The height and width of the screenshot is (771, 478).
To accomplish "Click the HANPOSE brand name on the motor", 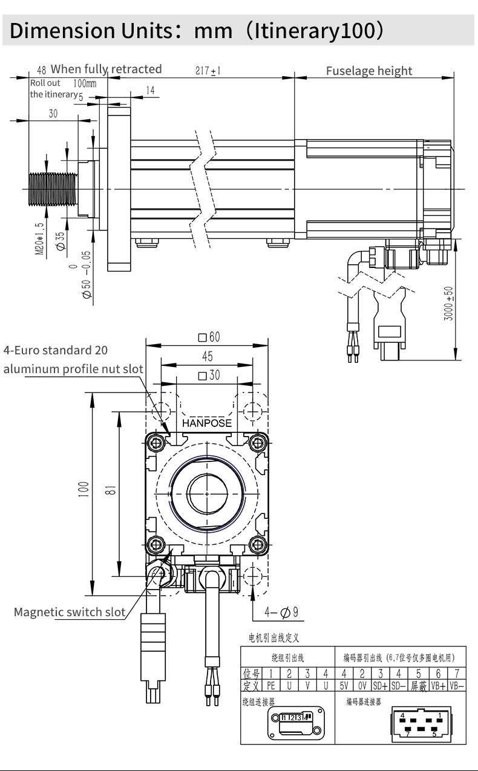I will coord(207,423).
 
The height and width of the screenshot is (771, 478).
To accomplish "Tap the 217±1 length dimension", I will coord(208,71).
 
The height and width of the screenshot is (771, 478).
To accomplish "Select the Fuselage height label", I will coord(368,71).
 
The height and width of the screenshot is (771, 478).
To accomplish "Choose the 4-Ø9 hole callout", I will coord(281,613).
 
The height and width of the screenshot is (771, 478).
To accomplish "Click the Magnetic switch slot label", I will coord(70,612).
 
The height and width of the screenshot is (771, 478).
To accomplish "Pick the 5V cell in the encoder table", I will coord(343,686).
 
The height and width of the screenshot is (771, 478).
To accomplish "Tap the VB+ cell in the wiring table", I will coord(438,686).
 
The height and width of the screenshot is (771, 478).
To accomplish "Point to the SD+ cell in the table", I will coord(381,686).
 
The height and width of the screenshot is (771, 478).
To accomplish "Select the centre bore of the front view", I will coord(206,489).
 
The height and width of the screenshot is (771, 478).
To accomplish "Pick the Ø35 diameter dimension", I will coord(60,239).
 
